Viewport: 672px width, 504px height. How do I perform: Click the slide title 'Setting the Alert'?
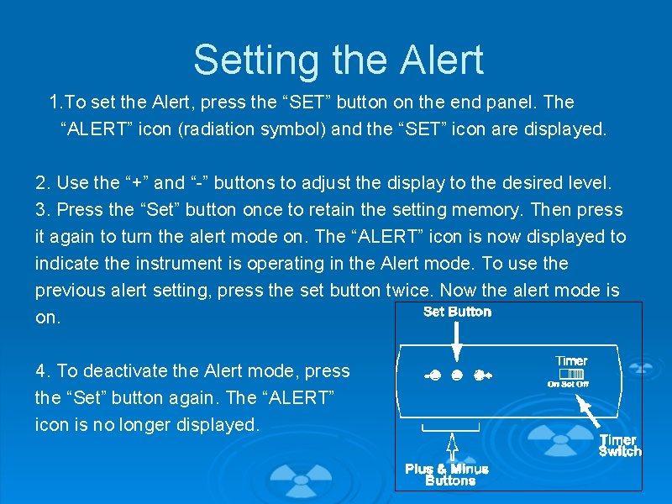(x=338, y=60)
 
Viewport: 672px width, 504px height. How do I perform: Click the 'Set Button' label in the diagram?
(x=457, y=312)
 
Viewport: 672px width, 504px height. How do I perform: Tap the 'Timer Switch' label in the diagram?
(x=620, y=445)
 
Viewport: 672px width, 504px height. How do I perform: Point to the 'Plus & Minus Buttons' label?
(x=447, y=475)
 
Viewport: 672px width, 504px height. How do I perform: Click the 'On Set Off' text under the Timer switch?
(x=569, y=385)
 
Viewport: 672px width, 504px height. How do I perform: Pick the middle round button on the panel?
(x=457, y=375)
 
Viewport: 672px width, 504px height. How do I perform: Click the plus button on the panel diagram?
(x=481, y=375)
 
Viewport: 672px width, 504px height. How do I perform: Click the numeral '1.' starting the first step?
(x=56, y=102)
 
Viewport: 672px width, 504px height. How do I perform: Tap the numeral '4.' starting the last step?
(x=42, y=371)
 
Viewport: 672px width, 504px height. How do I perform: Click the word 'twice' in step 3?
(x=410, y=291)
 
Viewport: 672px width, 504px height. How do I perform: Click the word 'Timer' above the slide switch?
(x=571, y=361)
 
